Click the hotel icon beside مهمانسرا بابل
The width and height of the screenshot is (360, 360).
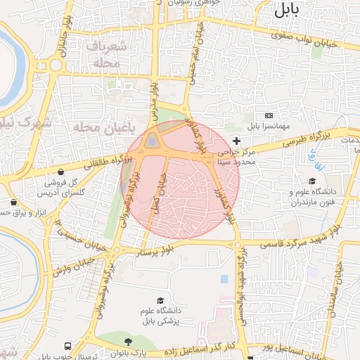[268, 115]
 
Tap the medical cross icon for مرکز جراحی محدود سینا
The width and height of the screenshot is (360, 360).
[236, 141]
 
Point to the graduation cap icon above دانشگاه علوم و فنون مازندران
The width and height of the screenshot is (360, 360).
[312, 181]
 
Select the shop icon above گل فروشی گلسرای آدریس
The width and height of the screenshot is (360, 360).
[62, 172]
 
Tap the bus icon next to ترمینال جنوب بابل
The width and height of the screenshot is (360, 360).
[67, 347]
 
